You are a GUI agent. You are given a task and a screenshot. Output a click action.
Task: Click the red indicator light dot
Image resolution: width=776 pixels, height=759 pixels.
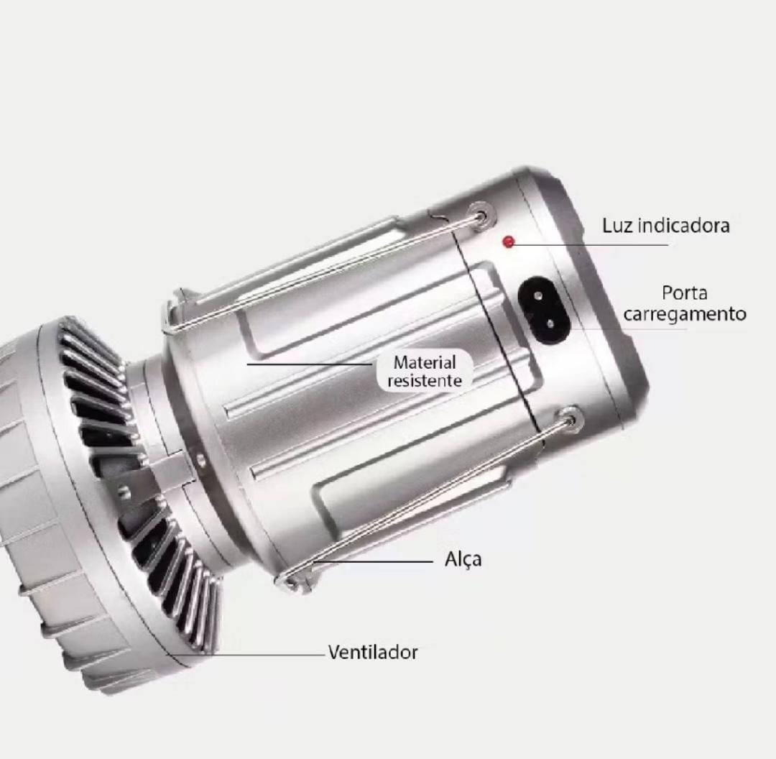508,242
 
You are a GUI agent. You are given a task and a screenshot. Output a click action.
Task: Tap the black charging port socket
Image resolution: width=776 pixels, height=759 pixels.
544,310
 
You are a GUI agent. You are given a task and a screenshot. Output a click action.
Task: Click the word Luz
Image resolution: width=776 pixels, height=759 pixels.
616,226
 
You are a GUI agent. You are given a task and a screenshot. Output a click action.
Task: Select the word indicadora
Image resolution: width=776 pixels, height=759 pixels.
683,226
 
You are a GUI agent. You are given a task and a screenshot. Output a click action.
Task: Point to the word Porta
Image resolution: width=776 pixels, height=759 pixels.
685,293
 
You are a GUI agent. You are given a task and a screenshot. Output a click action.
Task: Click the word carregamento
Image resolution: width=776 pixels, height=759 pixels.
685,314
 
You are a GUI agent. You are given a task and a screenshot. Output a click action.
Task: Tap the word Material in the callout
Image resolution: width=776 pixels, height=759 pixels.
425,362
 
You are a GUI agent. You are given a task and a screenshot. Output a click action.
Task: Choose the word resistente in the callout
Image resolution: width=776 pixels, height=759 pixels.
425,381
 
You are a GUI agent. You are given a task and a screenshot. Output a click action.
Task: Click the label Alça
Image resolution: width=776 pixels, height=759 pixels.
463,559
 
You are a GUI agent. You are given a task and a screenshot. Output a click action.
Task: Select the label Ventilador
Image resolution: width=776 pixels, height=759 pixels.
373,652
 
